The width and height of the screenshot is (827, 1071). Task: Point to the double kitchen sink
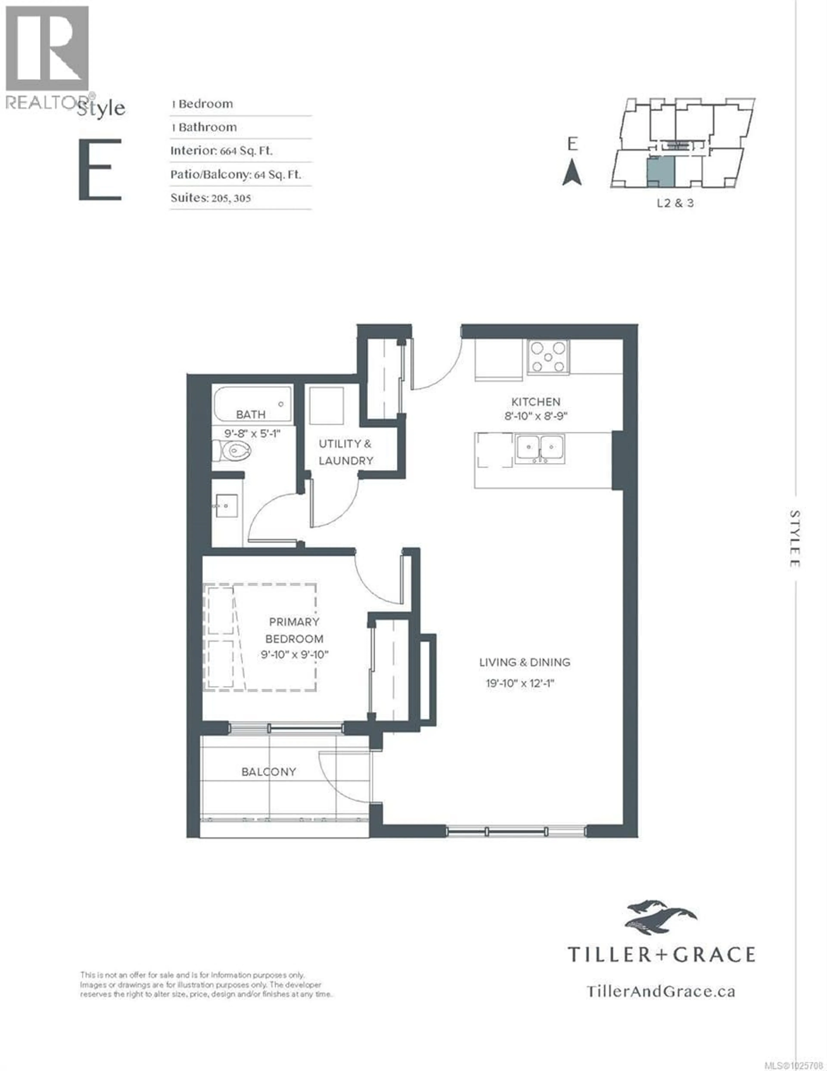[539, 448]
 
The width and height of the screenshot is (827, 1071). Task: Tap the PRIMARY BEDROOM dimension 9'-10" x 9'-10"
[294, 654]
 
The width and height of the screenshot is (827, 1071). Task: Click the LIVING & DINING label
[525, 662]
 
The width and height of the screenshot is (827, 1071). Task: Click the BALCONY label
[269, 772]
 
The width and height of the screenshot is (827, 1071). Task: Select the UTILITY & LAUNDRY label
[346, 452]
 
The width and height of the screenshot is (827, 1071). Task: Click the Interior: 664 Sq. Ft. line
[221, 151]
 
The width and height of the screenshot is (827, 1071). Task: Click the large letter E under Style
[100, 170]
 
